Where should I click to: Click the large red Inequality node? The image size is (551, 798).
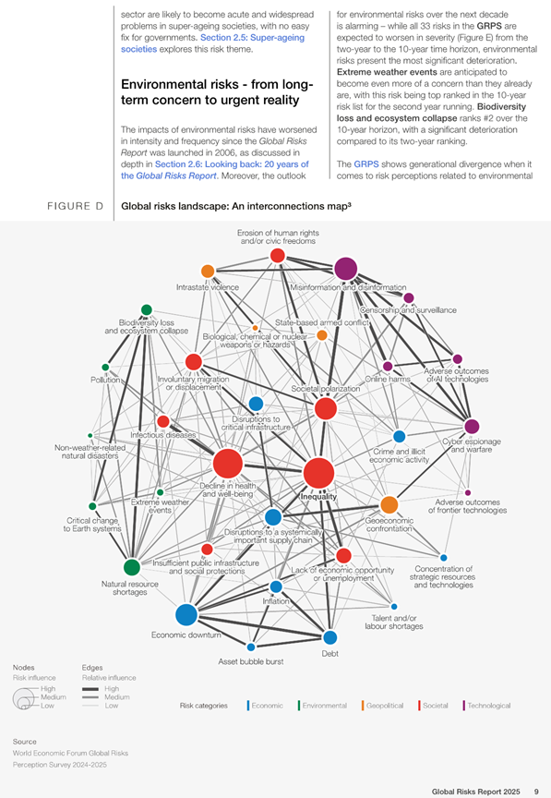coord(318,473)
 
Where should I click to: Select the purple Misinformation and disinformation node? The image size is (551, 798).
coord(346,269)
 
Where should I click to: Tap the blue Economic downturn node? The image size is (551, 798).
coord(186,615)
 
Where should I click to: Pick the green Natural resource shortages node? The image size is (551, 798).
coord(132,567)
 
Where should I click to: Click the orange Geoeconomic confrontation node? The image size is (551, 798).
coord(389,505)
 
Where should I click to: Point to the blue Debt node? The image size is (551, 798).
coord(330,637)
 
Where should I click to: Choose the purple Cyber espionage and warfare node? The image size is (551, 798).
coord(473,426)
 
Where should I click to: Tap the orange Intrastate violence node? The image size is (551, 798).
coord(208,272)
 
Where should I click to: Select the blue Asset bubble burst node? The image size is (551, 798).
coord(251,647)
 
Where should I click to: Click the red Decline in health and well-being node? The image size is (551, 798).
coord(228,464)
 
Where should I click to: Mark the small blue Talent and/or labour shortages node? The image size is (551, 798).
coord(394,607)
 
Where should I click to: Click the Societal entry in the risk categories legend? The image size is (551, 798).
coord(433,706)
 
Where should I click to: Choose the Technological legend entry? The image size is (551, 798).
coord(486,706)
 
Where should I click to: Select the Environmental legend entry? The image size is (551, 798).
coord(322,706)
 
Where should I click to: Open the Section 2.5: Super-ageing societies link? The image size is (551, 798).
coord(212,43)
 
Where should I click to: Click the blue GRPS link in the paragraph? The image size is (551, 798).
coord(366,163)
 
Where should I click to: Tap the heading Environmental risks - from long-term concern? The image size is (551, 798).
coord(217,92)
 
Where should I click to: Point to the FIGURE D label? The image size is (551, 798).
coord(76,206)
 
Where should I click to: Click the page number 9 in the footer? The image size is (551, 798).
coord(536,792)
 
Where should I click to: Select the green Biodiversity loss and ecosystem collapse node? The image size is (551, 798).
coord(147,310)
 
